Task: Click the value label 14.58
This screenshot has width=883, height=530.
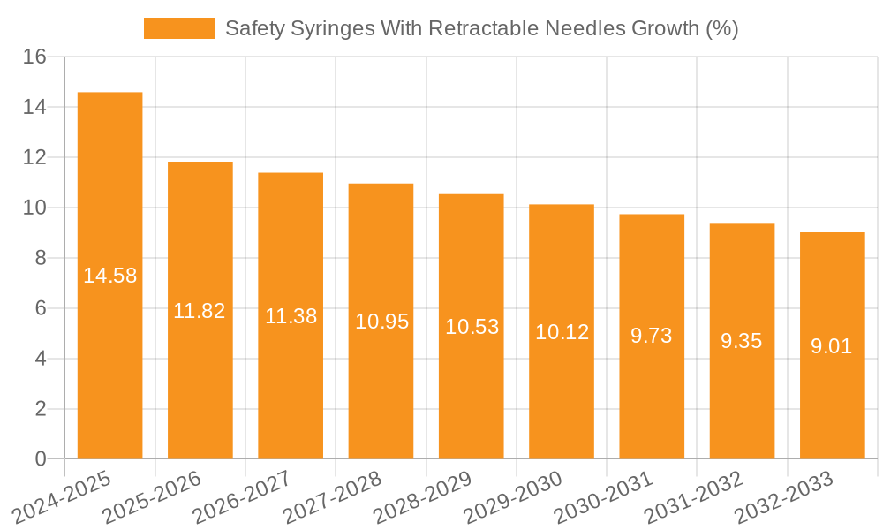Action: (x=109, y=276)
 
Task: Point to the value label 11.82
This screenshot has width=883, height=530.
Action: (x=200, y=311)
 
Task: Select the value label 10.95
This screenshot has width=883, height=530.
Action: (x=381, y=322)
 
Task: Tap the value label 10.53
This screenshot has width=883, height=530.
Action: (x=472, y=327)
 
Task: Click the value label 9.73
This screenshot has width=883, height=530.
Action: (x=652, y=336)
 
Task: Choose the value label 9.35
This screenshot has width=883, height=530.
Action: (x=742, y=341)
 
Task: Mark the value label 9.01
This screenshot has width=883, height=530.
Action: (x=832, y=346)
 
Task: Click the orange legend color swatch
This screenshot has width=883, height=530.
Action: (x=179, y=28)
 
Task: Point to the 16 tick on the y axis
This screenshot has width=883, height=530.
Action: (x=35, y=57)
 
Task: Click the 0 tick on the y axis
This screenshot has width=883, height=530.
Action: (x=41, y=459)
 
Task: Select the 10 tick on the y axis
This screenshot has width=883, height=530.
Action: (x=35, y=208)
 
